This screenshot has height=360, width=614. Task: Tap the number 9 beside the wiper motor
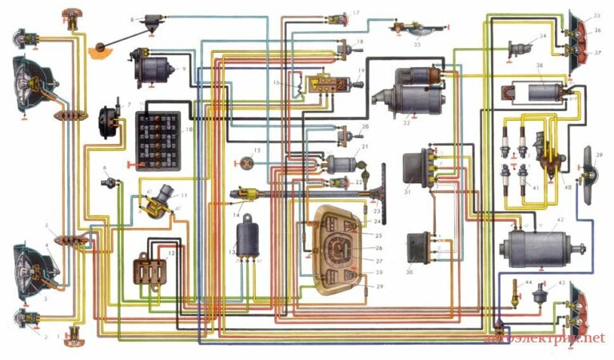point(184,70)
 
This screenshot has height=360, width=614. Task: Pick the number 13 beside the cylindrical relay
point(232,252)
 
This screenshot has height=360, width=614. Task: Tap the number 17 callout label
point(356,13)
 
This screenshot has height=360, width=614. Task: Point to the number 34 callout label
point(544,36)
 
